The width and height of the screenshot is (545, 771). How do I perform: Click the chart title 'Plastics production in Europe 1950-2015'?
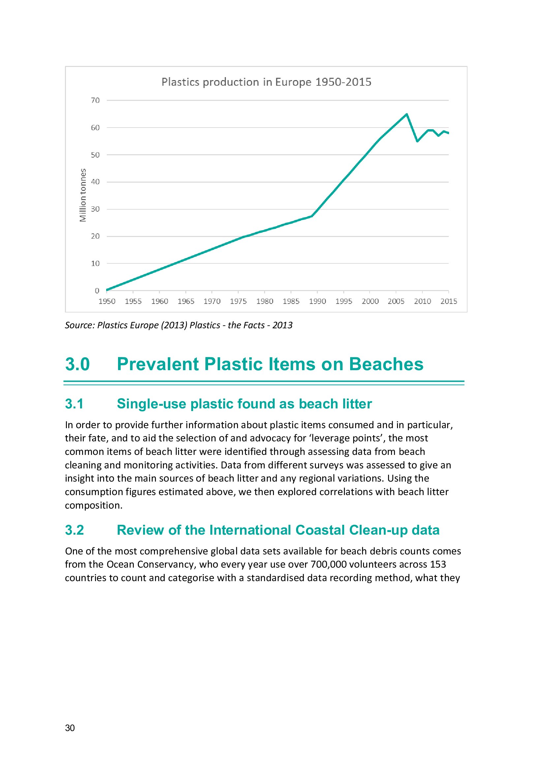point(266,82)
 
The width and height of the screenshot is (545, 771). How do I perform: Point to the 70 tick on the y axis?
point(95,101)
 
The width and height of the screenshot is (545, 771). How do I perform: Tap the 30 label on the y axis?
point(95,209)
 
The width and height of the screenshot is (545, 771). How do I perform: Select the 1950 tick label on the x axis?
point(107,302)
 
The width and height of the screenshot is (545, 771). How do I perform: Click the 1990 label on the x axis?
point(317,302)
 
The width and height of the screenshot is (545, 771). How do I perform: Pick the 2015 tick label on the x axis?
point(449,302)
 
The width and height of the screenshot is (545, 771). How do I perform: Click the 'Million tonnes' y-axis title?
point(83,195)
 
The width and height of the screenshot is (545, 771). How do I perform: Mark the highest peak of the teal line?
point(407,114)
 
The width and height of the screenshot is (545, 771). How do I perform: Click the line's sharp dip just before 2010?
point(417,141)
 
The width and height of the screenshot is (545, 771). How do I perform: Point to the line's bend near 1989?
point(312,216)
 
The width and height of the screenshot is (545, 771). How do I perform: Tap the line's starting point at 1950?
point(107,290)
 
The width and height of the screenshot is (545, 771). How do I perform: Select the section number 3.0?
point(77,364)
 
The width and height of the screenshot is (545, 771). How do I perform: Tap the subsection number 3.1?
point(74,404)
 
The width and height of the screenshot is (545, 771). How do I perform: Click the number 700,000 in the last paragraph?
point(328,564)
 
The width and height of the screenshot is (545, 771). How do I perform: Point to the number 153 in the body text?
point(438,564)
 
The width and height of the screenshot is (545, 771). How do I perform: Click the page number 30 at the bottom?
point(70,728)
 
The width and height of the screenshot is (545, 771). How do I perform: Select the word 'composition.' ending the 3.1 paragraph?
point(94,505)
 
